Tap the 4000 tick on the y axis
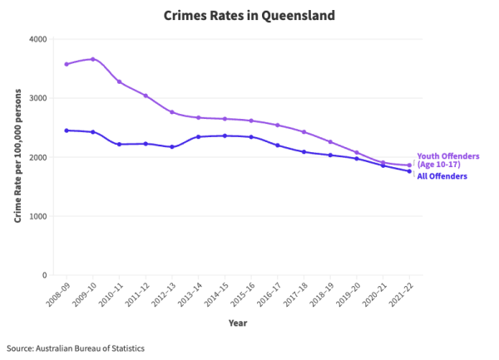[37, 39]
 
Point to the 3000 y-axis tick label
[37, 98]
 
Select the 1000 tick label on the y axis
[37, 216]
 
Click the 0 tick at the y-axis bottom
[44, 275]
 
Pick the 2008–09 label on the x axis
[56, 294]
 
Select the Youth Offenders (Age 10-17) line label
[447, 160]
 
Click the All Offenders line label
[442, 176]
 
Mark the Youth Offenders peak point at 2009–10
[92, 59]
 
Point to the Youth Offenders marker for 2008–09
[67, 64]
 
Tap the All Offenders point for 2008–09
[67, 131]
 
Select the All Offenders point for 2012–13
[172, 147]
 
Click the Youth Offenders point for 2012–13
[172, 112]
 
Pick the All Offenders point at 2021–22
[409, 171]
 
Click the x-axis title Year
[238, 323]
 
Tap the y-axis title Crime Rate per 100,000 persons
[17, 157]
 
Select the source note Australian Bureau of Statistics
[76, 348]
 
